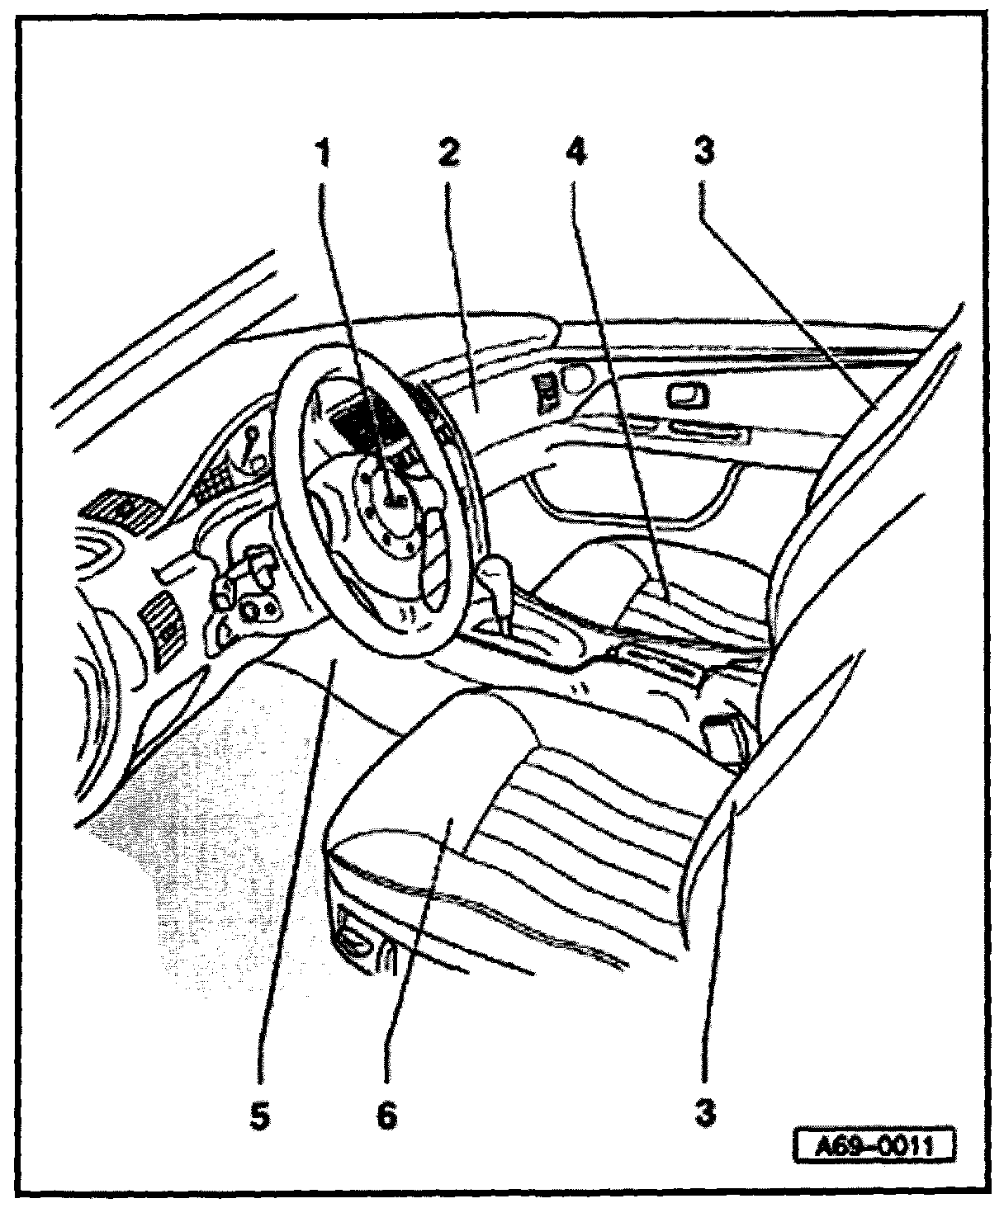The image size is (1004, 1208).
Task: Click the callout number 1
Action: pos(324,153)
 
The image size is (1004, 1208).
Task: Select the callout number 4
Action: pos(575,153)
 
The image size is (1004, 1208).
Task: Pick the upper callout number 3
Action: pos(703,153)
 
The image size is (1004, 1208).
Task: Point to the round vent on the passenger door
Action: pos(575,379)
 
